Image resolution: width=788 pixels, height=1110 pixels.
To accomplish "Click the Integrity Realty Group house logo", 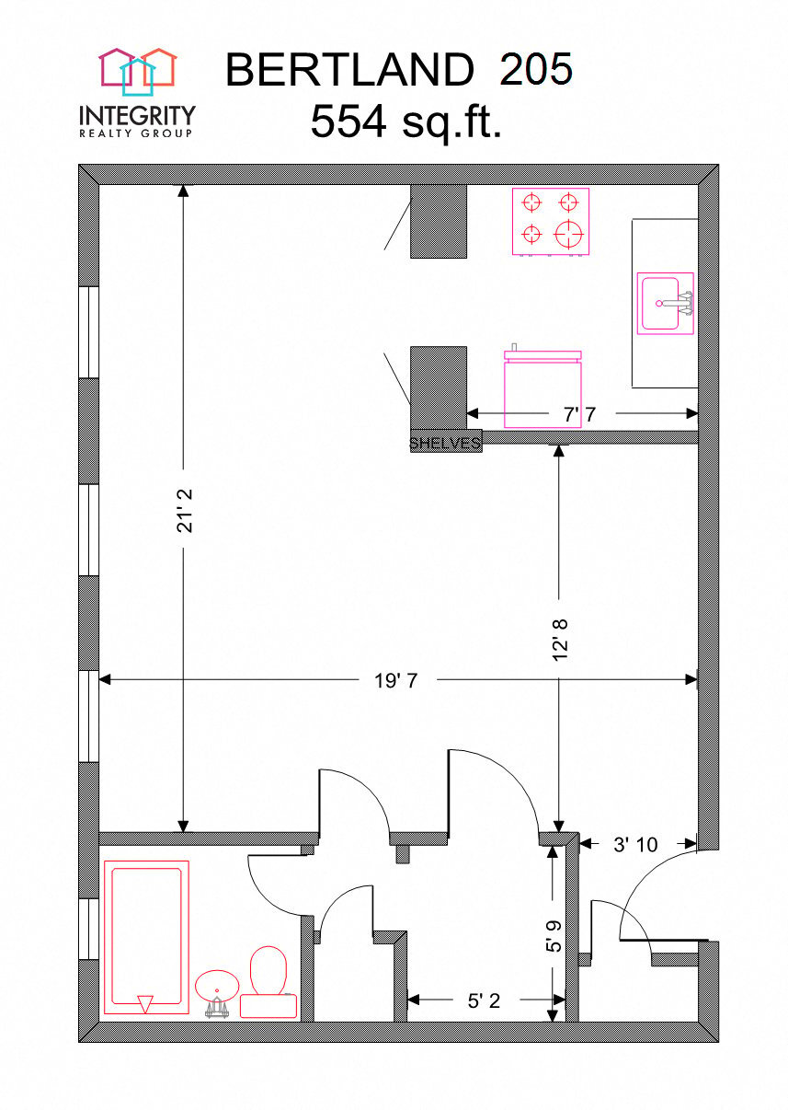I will pyautogui.click(x=138, y=71).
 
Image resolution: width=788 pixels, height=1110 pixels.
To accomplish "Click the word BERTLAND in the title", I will pyautogui.click(x=348, y=70).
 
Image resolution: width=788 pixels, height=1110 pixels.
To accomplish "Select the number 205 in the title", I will pyautogui.click(x=536, y=70).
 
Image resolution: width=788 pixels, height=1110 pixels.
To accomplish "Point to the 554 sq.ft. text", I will pyautogui.click(x=405, y=121).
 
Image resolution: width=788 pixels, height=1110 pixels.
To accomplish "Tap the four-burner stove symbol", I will pyautogui.click(x=550, y=221).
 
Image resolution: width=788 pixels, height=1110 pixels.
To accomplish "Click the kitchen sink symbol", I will pyautogui.click(x=665, y=303).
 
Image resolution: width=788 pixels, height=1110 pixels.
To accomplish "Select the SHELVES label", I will pyautogui.click(x=445, y=443).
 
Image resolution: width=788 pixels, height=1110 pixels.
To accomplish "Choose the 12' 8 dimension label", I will pyautogui.click(x=561, y=638).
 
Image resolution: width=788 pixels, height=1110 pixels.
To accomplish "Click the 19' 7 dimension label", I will pyautogui.click(x=396, y=681).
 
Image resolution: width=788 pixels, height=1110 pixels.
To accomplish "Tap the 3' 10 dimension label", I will pyautogui.click(x=635, y=843).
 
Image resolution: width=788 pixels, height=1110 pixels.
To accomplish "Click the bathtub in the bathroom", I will pyautogui.click(x=146, y=934).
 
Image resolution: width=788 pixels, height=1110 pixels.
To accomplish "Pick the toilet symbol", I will pyautogui.click(x=268, y=980).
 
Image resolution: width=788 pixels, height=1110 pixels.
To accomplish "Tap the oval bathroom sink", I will pyautogui.click(x=218, y=984).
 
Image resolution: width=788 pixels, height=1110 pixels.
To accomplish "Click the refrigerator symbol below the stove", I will pyautogui.click(x=542, y=391).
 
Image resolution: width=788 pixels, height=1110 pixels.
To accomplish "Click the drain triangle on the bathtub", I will pyautogui.click(x=144, y=1003).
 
